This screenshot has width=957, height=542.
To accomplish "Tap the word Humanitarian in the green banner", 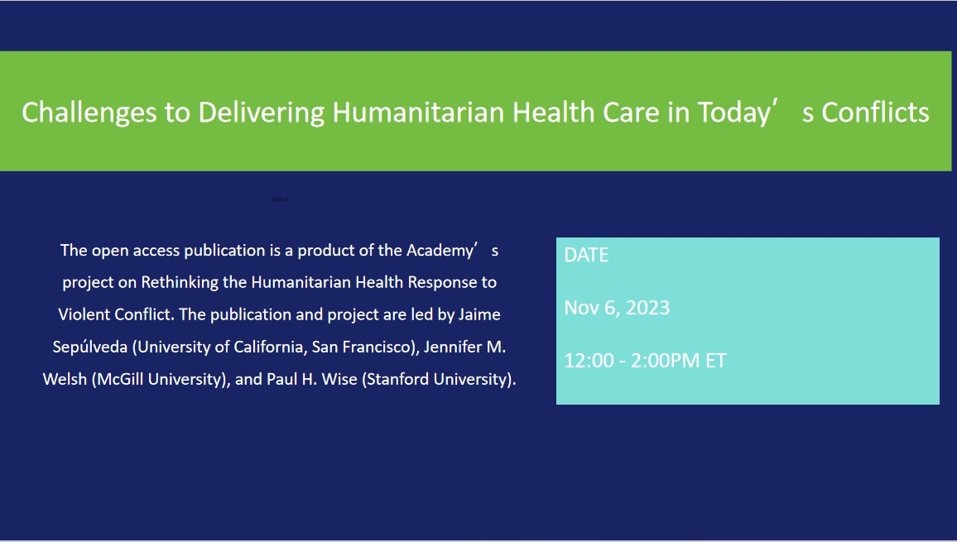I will pos(418,113).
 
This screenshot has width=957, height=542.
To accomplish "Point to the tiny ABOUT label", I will pos(279,199).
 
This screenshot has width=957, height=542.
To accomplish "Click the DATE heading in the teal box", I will pos(586,256).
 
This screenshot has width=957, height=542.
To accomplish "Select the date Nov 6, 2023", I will pos(617,308).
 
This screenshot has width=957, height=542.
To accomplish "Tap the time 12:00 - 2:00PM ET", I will pos(645,361).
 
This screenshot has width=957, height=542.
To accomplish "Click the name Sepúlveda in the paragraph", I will pos(89,348).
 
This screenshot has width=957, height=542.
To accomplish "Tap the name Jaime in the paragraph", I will pos(479,315).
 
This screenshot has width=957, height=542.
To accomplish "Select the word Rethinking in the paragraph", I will pos(177,282).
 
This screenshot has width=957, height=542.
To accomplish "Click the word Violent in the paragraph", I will pos(84,315).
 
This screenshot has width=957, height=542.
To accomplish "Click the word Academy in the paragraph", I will pos(440,250).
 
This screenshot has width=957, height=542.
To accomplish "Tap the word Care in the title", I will pos(631,113).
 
